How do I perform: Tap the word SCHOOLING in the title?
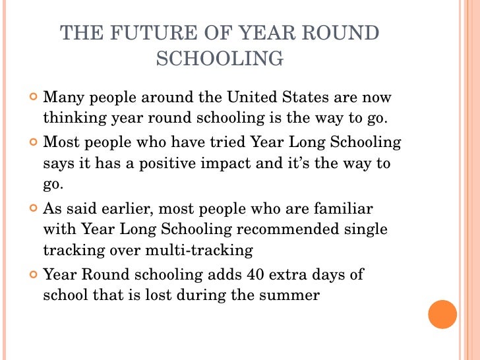click(220, 59)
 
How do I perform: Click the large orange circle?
click(442, 314)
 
